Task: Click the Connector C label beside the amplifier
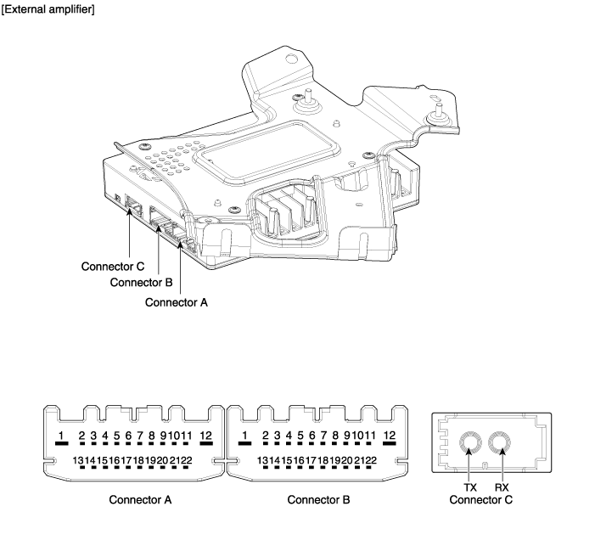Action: pos(113,266)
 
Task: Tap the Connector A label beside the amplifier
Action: pos(177,301)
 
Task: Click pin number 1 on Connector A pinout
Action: pos(61,436)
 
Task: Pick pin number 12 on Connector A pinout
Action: pos(205,436)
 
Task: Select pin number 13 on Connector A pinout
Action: pos(77,460)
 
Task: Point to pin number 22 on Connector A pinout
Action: pos(187,460)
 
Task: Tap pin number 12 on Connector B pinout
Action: pos(390,436)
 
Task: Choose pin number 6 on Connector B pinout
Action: pos(312,436)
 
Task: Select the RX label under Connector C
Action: pos(502,487)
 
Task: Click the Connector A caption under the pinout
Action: pos(140,499)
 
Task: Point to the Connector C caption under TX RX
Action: pos(484,499)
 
